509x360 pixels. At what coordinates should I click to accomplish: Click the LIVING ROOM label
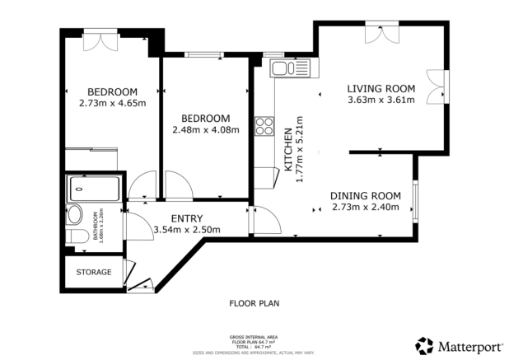[381, 89]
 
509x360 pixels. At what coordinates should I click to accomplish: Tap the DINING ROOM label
[365, 195]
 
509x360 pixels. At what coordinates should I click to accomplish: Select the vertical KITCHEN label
[287, 148]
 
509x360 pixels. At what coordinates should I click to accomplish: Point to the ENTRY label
[187, 217]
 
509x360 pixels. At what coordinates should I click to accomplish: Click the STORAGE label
[93, 272]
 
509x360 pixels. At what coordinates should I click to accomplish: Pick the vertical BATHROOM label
[96, 224]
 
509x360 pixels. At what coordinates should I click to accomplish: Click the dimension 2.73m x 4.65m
[112, 103]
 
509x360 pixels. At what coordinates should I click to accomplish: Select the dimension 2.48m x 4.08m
[205, 129]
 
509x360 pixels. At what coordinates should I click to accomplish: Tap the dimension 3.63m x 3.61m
[381, 101]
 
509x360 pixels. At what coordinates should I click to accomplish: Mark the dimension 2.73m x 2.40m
[365, 207]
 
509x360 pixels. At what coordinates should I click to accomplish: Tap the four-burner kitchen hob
[265, 126]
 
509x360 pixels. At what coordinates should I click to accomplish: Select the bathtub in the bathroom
[93, 189]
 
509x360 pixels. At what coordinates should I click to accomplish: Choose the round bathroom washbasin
[74, 215]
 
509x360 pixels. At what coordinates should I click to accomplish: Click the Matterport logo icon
[424, 345]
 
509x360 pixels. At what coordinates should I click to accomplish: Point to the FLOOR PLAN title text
[254, 303]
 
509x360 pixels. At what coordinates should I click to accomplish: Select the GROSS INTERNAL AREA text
[254, 337]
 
